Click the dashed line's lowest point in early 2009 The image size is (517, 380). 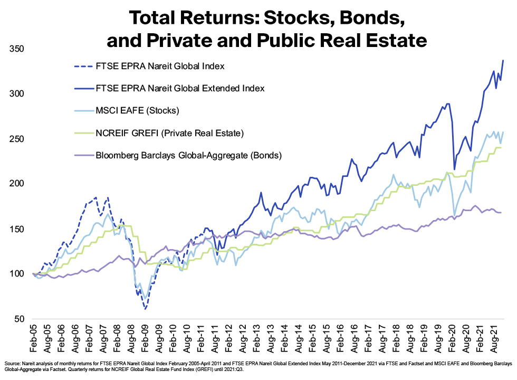(x=145, y=309)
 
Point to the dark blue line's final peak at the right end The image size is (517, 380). (x=503, y=60)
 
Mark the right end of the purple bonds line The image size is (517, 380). (x=501, y=212)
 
